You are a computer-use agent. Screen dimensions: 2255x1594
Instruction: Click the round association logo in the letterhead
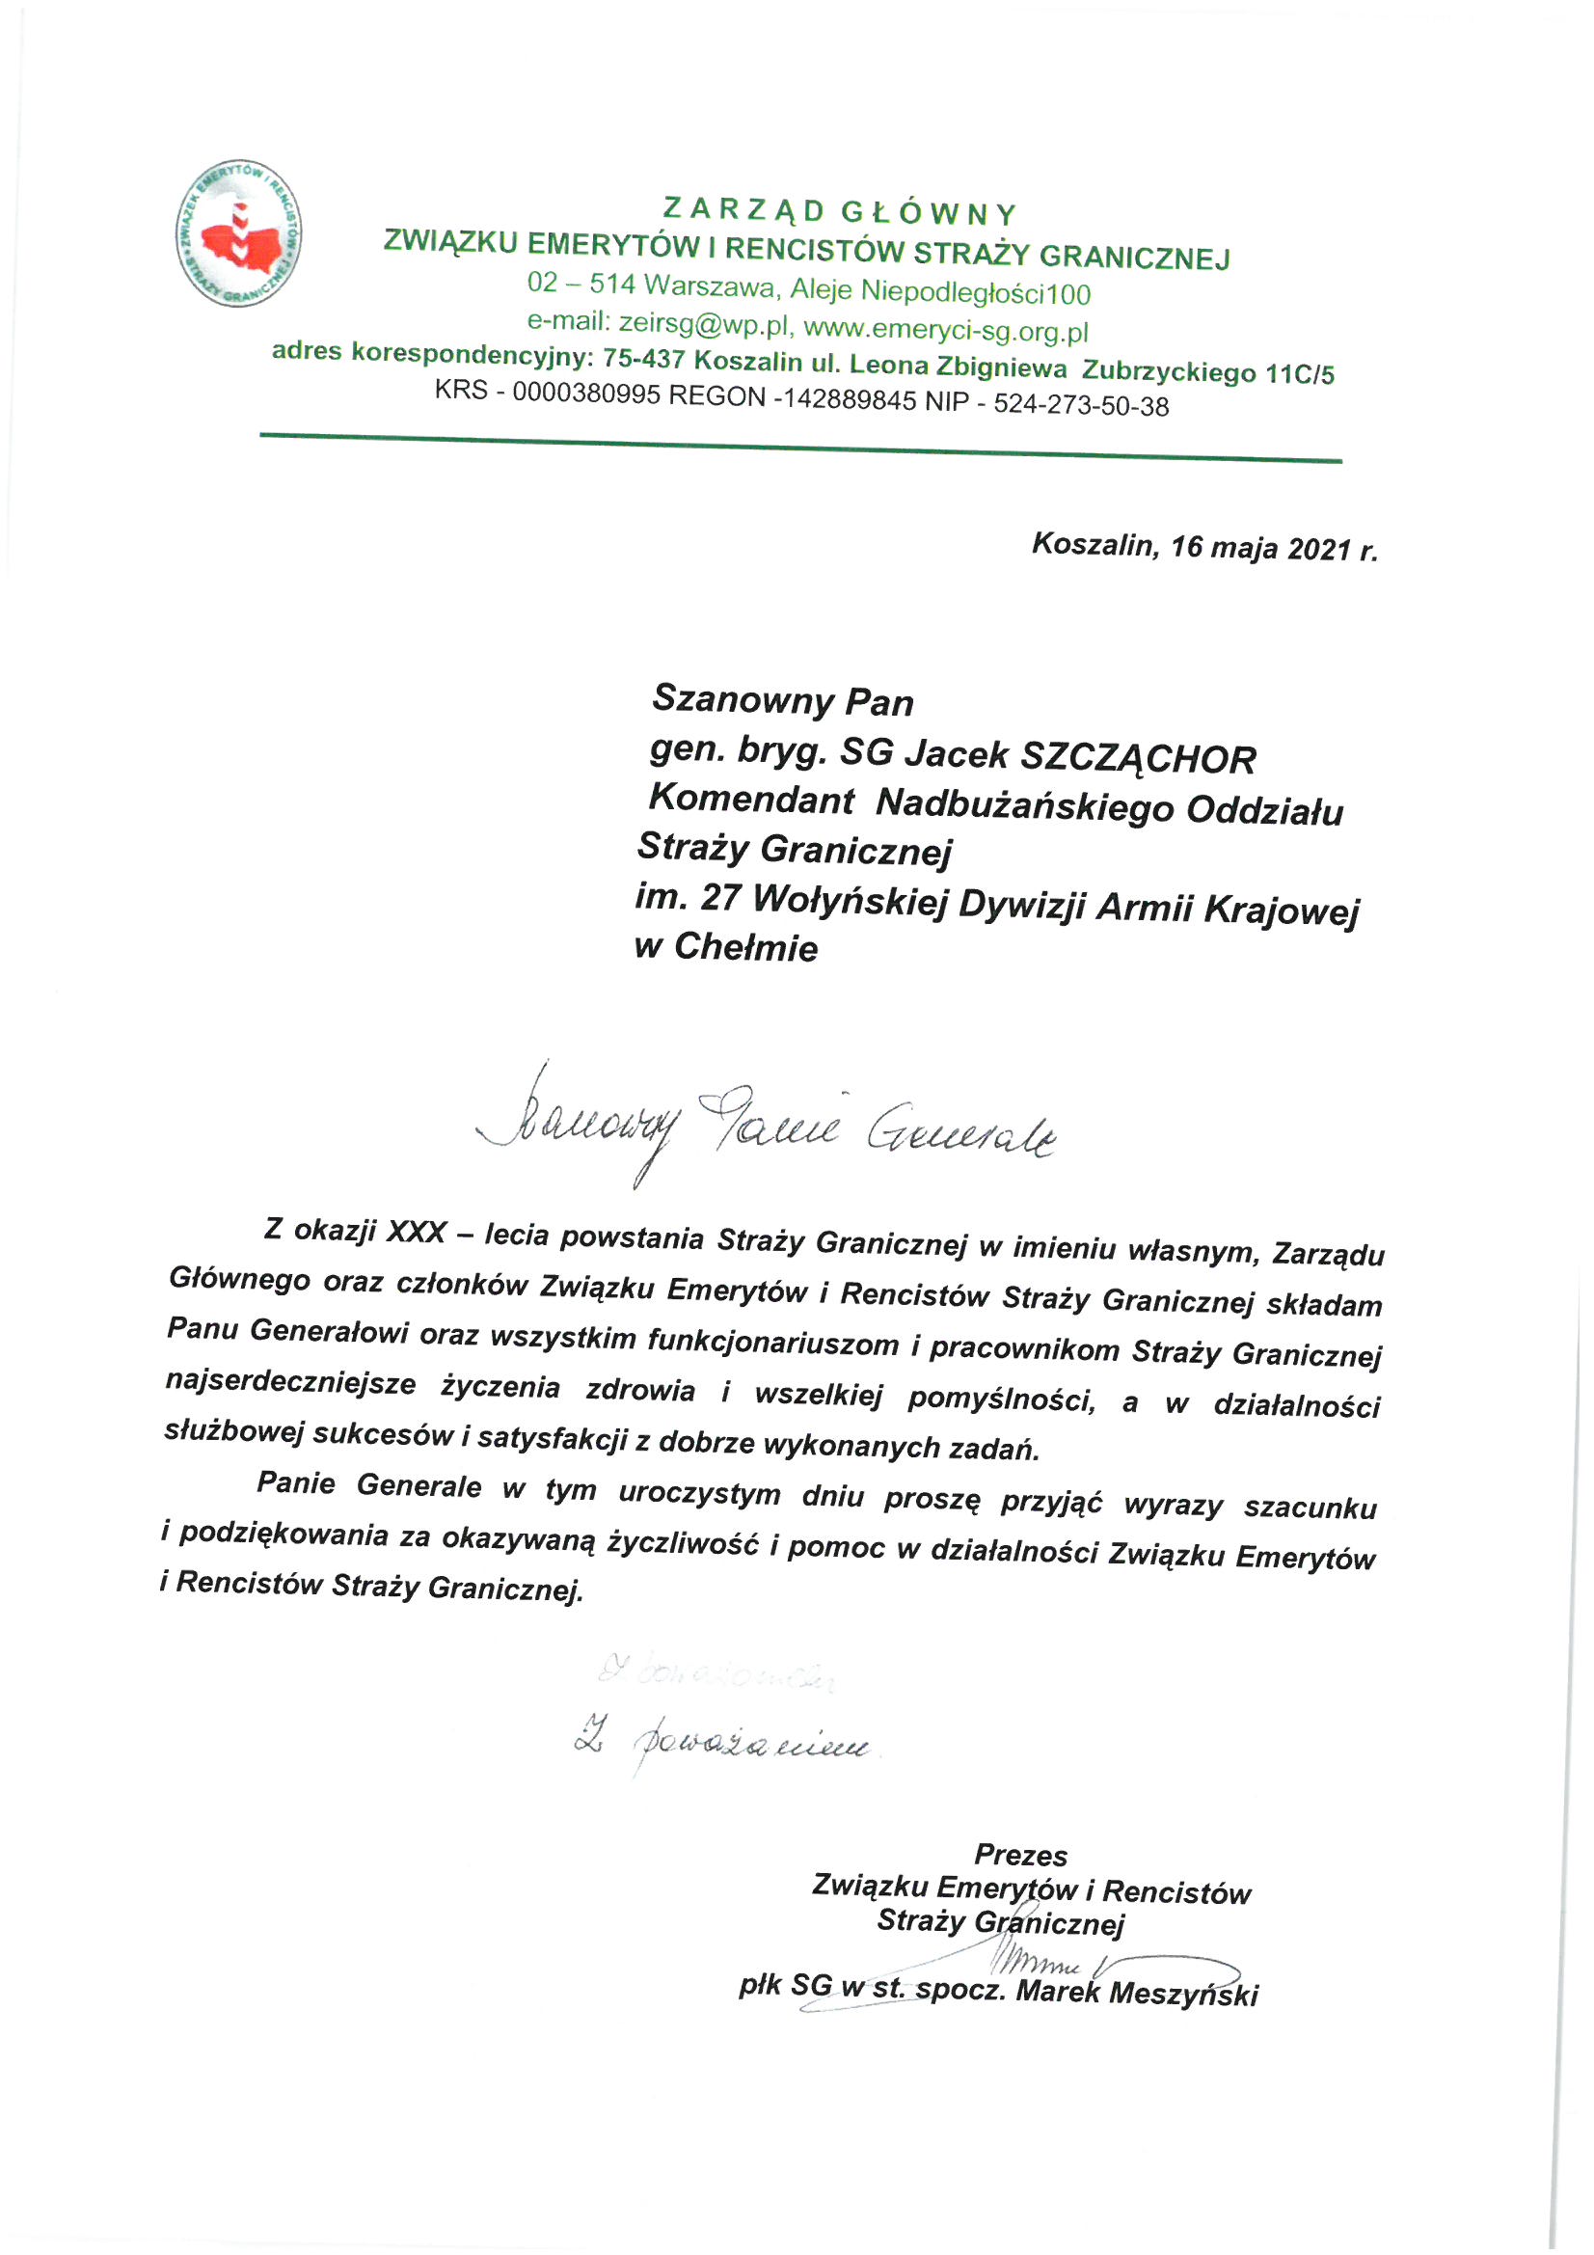click(x=238, y=232)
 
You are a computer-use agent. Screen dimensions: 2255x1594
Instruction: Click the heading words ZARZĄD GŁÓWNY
click(x=840, y=212)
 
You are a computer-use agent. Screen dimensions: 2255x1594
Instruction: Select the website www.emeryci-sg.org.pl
click(x=946, y=330)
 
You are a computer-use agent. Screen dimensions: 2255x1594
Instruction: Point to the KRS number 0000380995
click(x=585, y=393)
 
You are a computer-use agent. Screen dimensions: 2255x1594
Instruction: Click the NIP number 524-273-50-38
click(x=1080, y=405)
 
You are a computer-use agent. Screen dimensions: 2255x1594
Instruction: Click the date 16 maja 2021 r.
click(x=1273, y=548)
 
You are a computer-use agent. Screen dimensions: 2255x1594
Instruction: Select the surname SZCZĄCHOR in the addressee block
click(x=1138, y=758)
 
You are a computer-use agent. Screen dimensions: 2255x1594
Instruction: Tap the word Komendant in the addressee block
click(x=751, y=800)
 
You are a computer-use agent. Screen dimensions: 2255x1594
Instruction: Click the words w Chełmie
click(x=726, y=947)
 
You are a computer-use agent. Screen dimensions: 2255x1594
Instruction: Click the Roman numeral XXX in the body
click(x=418, y=1232)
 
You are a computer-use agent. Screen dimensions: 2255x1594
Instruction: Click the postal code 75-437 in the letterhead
click(x=643, y=359)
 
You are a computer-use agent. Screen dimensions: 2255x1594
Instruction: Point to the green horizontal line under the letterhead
click(x=800, y=447)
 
